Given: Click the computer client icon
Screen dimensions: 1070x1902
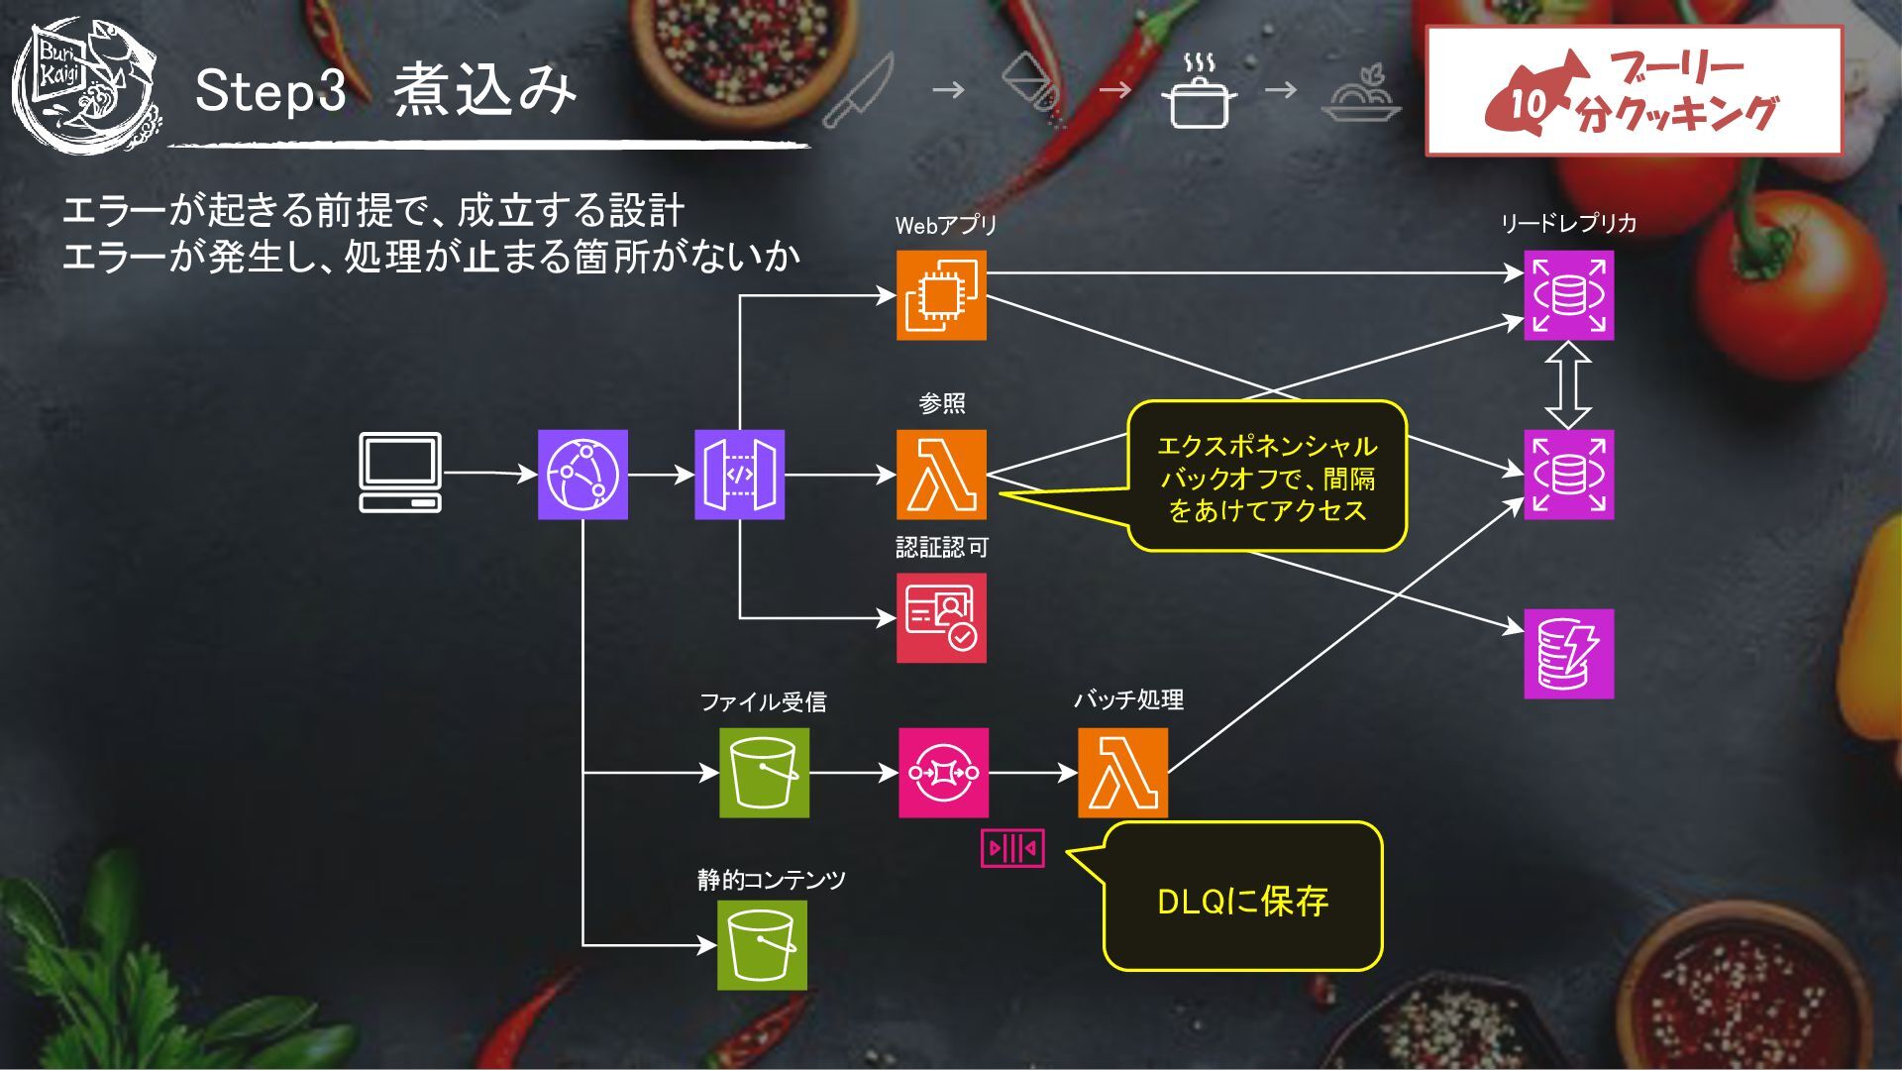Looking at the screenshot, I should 400,473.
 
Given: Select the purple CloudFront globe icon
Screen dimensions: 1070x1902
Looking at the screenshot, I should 582,475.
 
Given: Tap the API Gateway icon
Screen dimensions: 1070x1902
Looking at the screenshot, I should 739,475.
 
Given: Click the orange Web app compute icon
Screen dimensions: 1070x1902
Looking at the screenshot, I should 941,294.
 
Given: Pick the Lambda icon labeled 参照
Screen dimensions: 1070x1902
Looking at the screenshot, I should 941,475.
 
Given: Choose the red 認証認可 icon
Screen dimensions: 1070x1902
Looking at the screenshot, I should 941,617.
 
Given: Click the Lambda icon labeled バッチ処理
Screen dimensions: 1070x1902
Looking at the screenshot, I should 1122,773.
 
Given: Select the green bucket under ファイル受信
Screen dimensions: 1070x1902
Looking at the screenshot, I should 764,773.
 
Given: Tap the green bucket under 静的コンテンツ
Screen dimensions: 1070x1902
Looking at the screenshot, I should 762,945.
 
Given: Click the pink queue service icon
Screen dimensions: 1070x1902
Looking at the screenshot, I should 943,773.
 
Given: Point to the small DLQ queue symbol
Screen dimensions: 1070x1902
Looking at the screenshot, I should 1012,848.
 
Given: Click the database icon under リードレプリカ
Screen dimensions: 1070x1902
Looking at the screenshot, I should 1568,294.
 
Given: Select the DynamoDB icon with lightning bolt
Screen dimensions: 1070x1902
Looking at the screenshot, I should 1568,654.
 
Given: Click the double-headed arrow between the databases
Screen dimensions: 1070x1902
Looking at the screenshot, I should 1568,384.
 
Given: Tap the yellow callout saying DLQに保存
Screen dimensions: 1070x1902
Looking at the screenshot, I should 1242,898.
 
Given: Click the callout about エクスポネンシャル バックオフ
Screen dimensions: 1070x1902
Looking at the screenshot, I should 1267,477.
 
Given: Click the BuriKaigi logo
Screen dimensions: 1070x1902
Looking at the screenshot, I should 87,85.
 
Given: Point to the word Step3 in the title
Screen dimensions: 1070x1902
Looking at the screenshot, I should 270,90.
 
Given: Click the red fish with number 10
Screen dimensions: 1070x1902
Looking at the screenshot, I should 1532,95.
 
